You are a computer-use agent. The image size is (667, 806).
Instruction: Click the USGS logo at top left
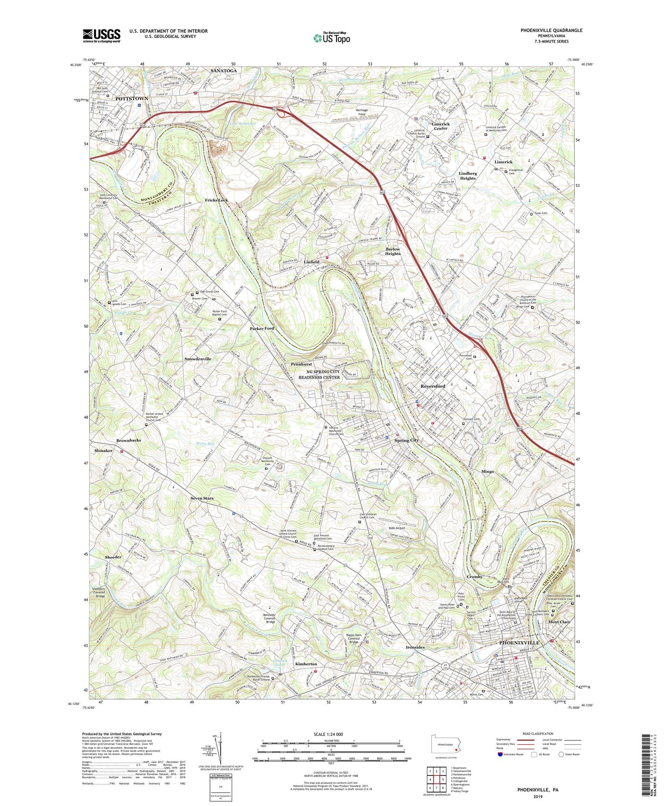pos(102,35)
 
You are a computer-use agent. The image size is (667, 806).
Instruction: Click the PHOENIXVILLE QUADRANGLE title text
pos(544,30)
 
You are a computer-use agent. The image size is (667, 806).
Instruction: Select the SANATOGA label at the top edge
pos(223,71)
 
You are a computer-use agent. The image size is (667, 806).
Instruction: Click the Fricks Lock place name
pos(216,200)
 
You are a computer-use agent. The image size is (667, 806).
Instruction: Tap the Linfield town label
pos(312,262)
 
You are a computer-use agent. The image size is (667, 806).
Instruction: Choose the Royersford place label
pos(433,386)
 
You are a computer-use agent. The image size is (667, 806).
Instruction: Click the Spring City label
pos(406,440)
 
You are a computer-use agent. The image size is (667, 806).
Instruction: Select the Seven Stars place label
pos(202,499)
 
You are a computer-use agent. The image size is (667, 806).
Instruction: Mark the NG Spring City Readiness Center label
pos(319,374)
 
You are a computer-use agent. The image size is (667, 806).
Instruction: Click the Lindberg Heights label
pos(468,176)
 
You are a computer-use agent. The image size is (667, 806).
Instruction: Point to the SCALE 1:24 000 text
pos(326,734)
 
